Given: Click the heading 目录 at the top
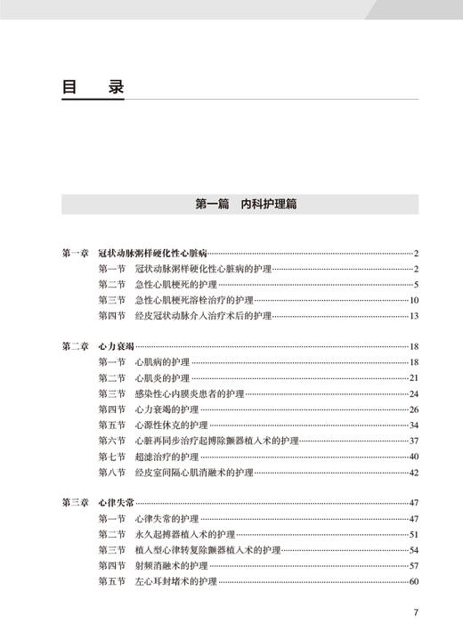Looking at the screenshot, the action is point(93,89).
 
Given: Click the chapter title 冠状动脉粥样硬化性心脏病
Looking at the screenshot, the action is point(153,253).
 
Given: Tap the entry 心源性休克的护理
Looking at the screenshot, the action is point(170,425).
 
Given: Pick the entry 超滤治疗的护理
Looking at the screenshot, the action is point(166,456).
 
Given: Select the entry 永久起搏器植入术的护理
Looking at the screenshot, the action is point(183,534).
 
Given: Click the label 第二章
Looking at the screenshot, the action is point(75,346).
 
